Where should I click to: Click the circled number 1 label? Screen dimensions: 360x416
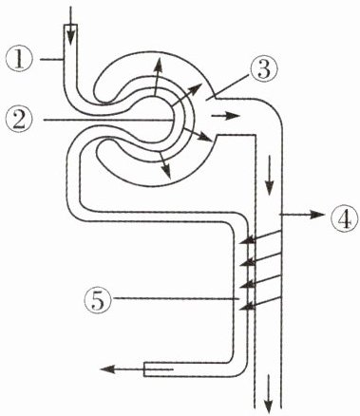pyautogui.click(x=19, y=60)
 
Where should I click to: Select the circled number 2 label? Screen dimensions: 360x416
pyautogui.click(x=20, y=121)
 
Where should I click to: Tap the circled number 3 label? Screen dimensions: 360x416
pyautogui.click(x=264, y=70)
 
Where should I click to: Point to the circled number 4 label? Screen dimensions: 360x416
pyautogui.click(x=345, y=218)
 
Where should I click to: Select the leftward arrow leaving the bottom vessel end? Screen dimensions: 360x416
pyautogui.click(x=137, y=369)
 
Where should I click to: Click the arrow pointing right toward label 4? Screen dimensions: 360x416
pyautogui.click(x=302, y=215)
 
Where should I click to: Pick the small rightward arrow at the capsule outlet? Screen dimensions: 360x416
pyautogui.click(x=225, y=116)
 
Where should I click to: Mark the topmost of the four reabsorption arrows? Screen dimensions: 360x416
pyautogui.click(x=260, y=237)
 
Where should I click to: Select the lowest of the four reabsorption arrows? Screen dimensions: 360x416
pyautogui.click(x=260, y=303)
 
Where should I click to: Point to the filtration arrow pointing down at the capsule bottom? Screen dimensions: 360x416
pyautogui.click(x=164, y=165)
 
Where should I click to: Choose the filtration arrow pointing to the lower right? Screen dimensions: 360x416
pyautogui.click(x=198, y=135)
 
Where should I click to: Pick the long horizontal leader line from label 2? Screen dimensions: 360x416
pyautogui.click(x=108, y=120)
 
